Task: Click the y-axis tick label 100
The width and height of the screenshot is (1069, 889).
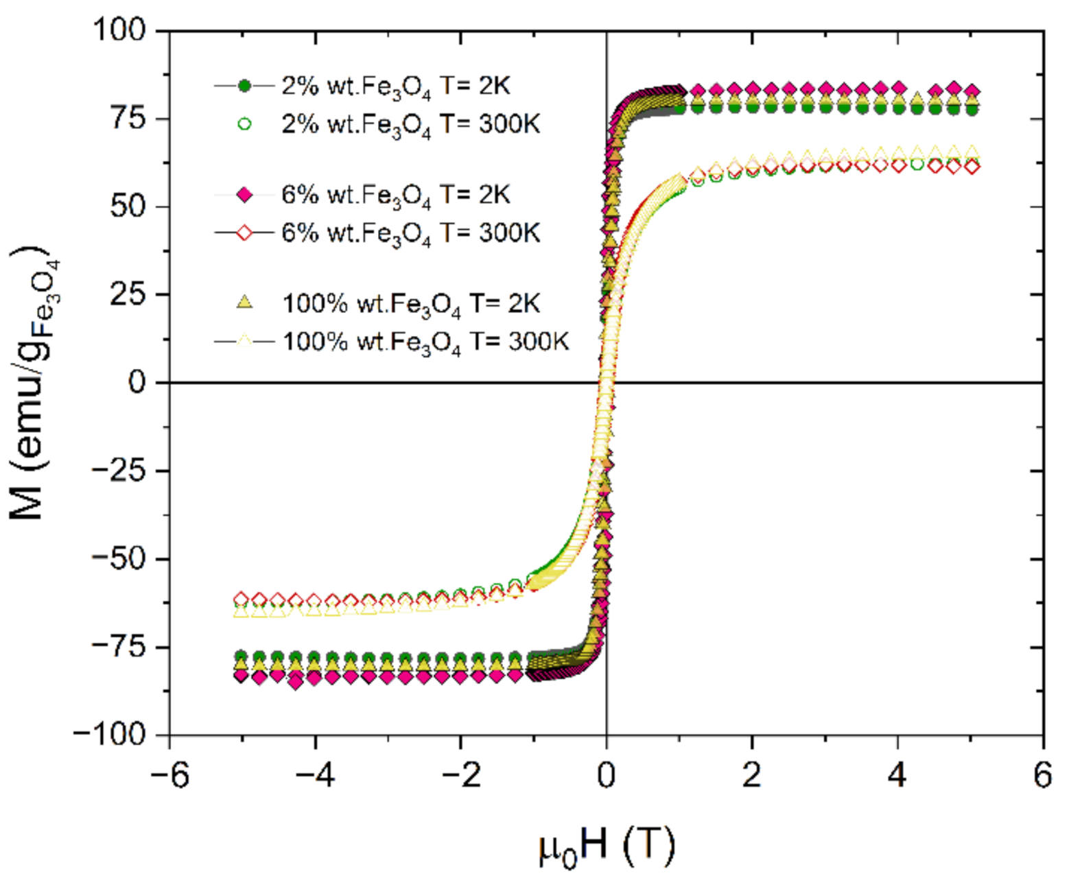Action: point(119,30)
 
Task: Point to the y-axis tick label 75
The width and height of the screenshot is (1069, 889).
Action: point(128,118)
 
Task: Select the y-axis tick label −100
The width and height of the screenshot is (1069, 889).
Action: point(110,735)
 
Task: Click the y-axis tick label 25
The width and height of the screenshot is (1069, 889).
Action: point(128,294)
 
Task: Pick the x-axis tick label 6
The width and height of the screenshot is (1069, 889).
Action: point(1042,776)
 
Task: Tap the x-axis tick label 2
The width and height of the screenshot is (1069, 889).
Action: point(751,776)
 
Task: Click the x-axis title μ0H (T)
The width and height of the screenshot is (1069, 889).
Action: point(607,846)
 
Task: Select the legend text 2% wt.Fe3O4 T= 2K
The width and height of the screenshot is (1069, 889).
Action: point(396,86)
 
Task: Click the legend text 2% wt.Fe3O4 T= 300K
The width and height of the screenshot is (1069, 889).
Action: point(410,125)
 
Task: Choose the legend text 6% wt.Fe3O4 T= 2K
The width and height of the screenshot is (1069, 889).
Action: point(396,195)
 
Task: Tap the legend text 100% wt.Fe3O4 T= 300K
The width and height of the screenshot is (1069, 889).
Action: point(425,342)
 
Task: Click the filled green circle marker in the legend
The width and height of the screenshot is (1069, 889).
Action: point(244,86)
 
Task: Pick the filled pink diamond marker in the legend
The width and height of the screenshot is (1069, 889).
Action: point(244,195)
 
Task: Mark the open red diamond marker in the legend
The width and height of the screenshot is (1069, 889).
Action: point(244,233)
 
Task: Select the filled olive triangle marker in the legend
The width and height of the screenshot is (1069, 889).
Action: point(244,302)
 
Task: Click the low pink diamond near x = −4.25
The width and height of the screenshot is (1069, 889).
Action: point(296,683)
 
